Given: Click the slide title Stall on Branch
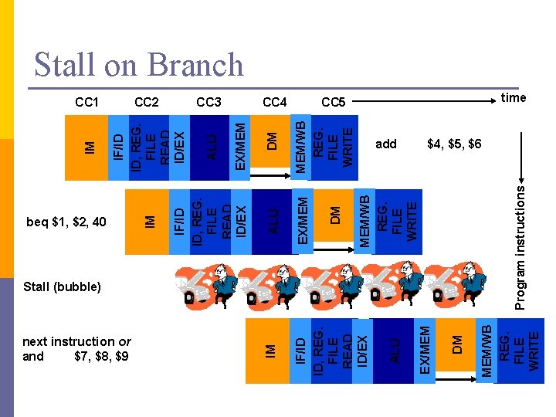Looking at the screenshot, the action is coord(139,65).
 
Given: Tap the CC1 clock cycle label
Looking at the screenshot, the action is coord(86,102).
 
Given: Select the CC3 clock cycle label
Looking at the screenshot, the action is coord(208,102).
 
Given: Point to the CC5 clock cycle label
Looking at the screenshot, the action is coord(334,102).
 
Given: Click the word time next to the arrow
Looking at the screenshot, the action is coord(513,97).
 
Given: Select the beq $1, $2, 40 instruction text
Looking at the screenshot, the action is coord(66,222).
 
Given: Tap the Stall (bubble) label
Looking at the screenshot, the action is coord(62,286).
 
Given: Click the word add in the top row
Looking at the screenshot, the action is coord(385,144).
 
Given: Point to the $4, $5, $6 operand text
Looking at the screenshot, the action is coord(454,144).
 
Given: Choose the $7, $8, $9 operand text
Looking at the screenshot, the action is coord(101,356).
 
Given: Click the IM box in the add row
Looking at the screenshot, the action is coord(90,145).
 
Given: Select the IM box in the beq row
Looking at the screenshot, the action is coord(151,222).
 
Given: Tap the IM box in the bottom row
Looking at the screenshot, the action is coord(270,350).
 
